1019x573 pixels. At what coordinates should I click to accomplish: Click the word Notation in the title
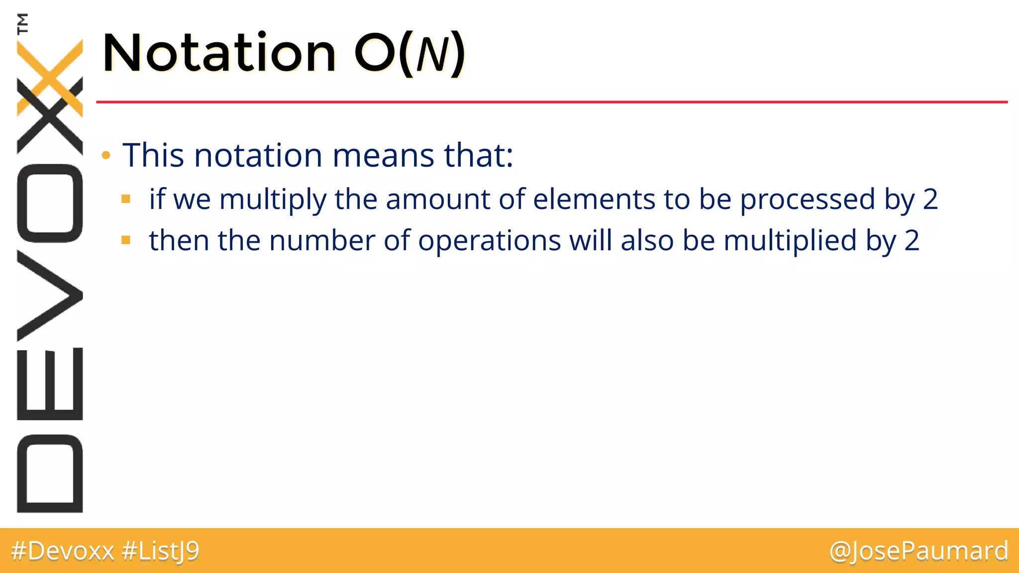pos(219,53)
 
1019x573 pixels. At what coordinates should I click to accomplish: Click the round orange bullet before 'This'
pos(105,156)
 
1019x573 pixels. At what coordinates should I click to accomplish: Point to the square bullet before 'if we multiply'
pos(126,199)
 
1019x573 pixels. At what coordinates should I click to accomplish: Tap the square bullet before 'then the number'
pos(126,241)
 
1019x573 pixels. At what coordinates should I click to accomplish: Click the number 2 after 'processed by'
pos(930,199)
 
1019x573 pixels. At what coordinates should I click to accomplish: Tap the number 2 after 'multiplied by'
pos(912,241)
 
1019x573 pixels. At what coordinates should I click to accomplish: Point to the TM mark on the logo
pos(22,23)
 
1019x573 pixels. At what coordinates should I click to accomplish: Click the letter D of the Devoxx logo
pos(50,473)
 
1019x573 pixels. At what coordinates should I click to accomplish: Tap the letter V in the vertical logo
pos(50,295)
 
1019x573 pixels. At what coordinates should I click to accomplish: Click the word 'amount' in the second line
pos(438,199)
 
